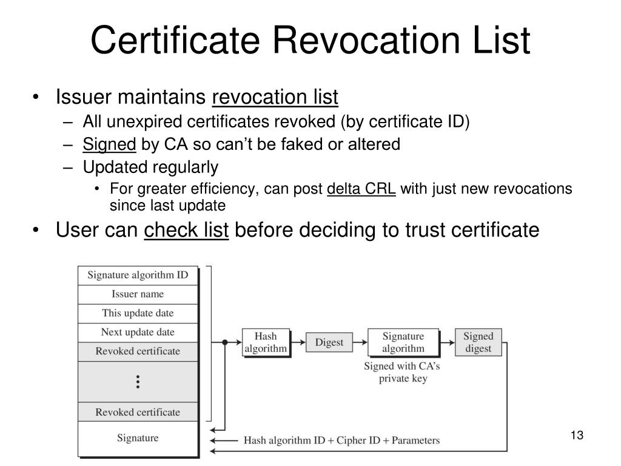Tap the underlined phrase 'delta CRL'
(361, 189)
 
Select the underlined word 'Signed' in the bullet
(109, 144)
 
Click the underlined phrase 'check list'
(186, 231)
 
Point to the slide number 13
(576, 436)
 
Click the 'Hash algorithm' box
(265, 342)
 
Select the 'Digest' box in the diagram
(329, 342)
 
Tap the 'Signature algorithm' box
(403, 342)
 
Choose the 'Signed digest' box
(478, 342)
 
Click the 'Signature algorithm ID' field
(138, 275)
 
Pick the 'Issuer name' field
(138, 294)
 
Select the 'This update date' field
(138, 313)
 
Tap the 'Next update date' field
(138, 332)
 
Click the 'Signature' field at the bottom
(138, 437)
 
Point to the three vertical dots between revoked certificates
(138, 381)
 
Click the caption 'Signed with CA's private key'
(403, 372)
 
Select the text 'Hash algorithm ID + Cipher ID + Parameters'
(341, 441)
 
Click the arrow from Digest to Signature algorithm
(360, 342)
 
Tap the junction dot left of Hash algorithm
(224, 342)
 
